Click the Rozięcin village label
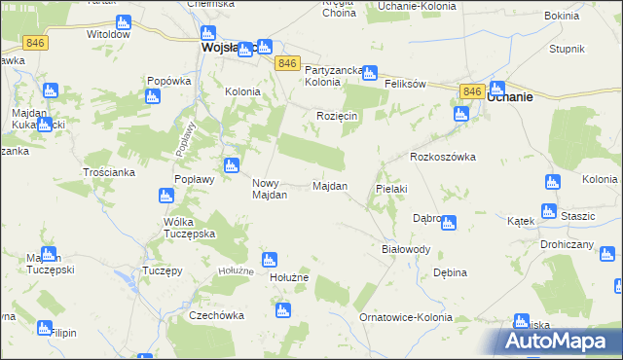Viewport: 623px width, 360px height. [338, 117]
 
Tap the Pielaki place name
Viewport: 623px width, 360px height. [390, 188]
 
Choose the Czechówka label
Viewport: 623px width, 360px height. [216, 316]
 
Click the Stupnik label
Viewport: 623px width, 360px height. [566, 49]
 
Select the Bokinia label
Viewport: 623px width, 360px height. [562, 17]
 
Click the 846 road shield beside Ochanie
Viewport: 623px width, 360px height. [472, 90]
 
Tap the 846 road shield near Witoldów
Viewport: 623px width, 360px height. [36, 43]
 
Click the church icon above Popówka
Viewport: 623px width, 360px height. [152, 96]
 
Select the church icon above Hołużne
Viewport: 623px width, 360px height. [270, 259]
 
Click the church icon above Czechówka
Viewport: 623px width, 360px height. [282, 311]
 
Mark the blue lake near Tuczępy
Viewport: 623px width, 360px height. [128, 284]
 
